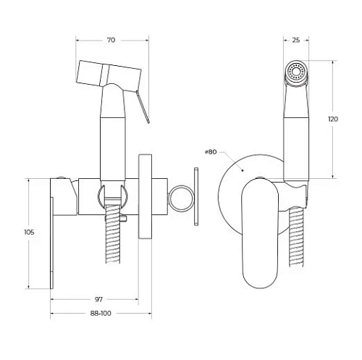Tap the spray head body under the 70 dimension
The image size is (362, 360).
(x=109, y=72)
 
